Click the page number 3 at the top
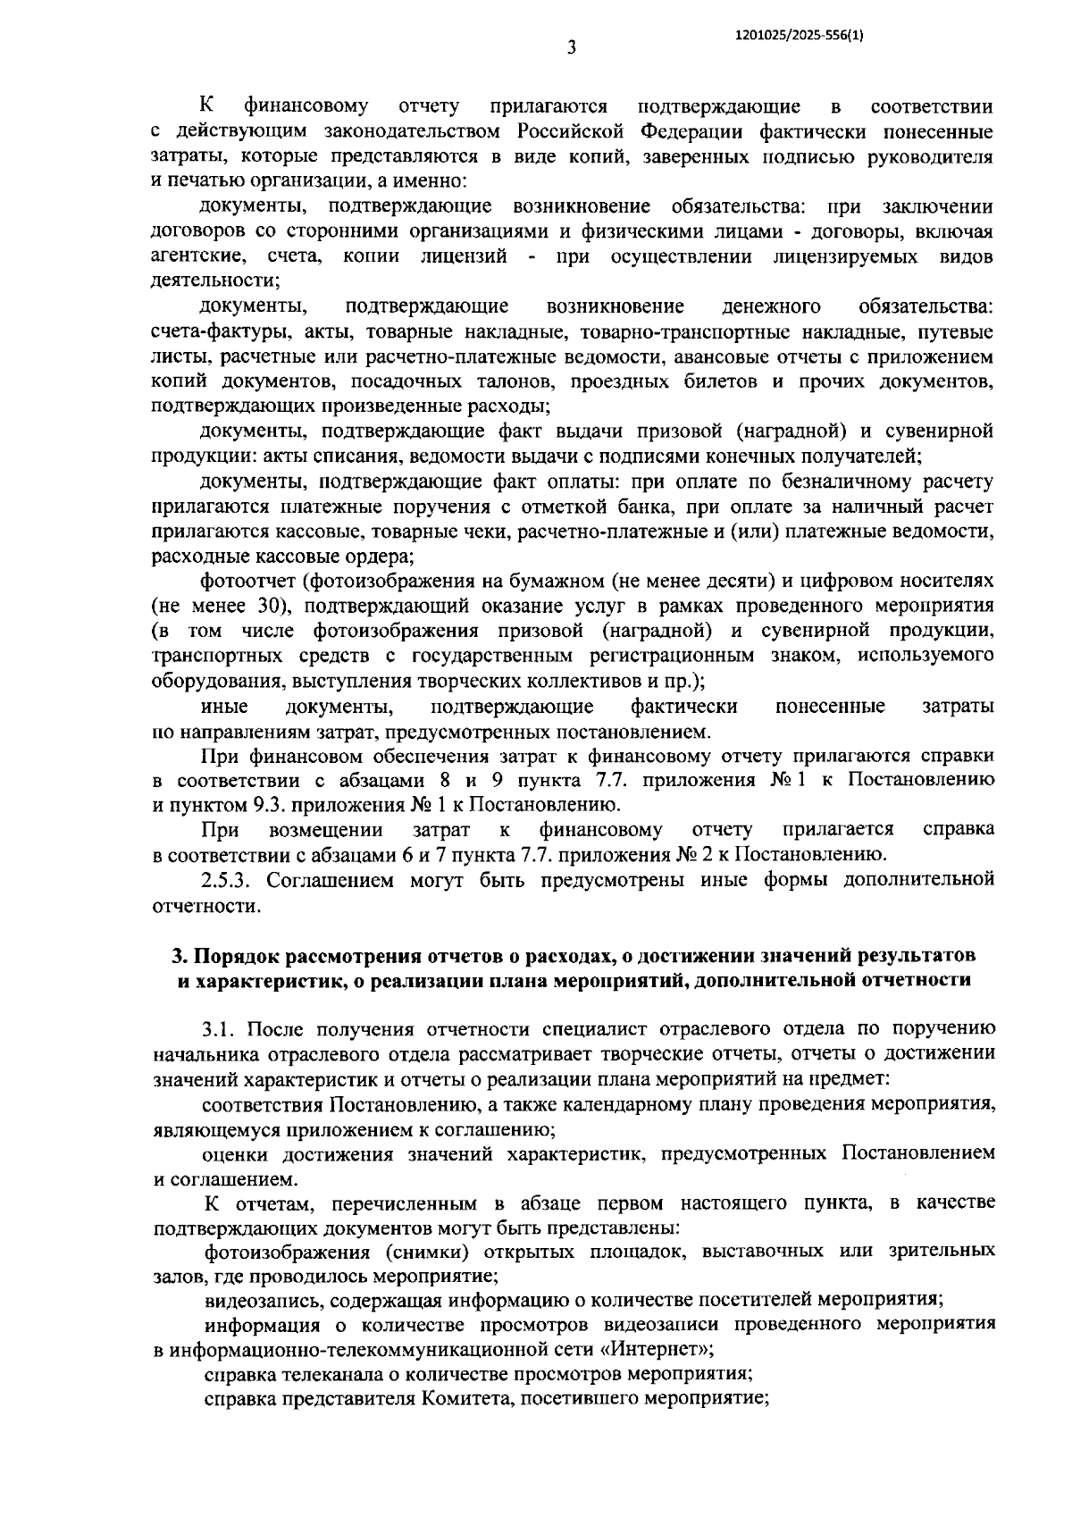[571, 47]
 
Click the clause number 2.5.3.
[229, 880]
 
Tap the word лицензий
[463, 257]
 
